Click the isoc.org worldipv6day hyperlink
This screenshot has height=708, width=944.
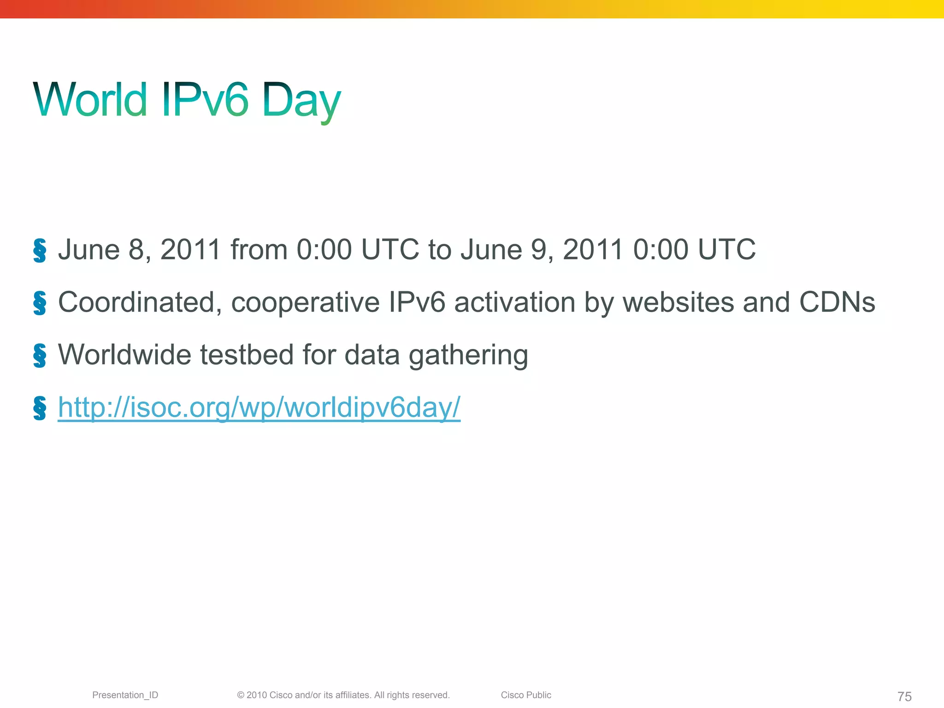259,407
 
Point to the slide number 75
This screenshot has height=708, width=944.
904,696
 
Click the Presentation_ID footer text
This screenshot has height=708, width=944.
125,695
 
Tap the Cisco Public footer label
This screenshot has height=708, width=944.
526,695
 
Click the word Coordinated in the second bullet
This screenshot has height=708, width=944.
136,303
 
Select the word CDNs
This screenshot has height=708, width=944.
837,302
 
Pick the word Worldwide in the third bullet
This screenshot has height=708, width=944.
124,355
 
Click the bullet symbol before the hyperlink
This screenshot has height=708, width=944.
40,408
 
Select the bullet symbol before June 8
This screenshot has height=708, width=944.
40,251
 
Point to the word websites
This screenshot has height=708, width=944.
678,302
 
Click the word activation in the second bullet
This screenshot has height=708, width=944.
515,302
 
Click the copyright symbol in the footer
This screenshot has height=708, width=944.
241,695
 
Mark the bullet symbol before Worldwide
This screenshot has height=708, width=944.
40,356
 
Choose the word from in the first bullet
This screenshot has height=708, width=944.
259,250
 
